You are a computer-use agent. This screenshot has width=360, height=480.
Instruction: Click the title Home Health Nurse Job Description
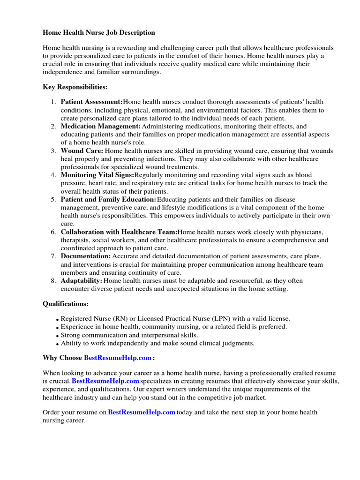[x=99, y=33]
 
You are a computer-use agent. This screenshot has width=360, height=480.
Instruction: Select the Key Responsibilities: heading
[x=75, y=87]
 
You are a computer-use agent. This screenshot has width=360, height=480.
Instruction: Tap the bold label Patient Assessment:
[x=92, y=102]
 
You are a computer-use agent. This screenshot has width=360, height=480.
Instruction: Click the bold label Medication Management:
[x=100, y=127]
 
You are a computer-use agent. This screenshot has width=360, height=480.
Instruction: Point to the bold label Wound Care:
[x=82, y=151]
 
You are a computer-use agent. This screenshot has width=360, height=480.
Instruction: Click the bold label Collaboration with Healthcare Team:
[x=119, y=232]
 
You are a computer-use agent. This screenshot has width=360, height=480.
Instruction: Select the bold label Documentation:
[x=86, y=256]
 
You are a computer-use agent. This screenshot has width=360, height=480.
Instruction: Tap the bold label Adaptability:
[x=82, y=281]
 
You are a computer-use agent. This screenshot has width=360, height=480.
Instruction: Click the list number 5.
[x=53, y=200]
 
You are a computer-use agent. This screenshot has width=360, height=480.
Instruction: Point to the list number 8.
[x=53, y=281]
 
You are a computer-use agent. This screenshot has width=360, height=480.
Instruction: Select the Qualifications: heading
[x=66, y=304]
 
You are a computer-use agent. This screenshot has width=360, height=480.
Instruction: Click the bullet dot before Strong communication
[x=58, y=336]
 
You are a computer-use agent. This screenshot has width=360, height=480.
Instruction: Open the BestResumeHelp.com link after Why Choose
[x=118, y=358]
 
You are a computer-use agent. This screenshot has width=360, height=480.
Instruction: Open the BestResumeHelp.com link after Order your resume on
[x=142, y=412]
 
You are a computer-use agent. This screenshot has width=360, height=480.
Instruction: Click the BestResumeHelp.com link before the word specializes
[x=105, y=381]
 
